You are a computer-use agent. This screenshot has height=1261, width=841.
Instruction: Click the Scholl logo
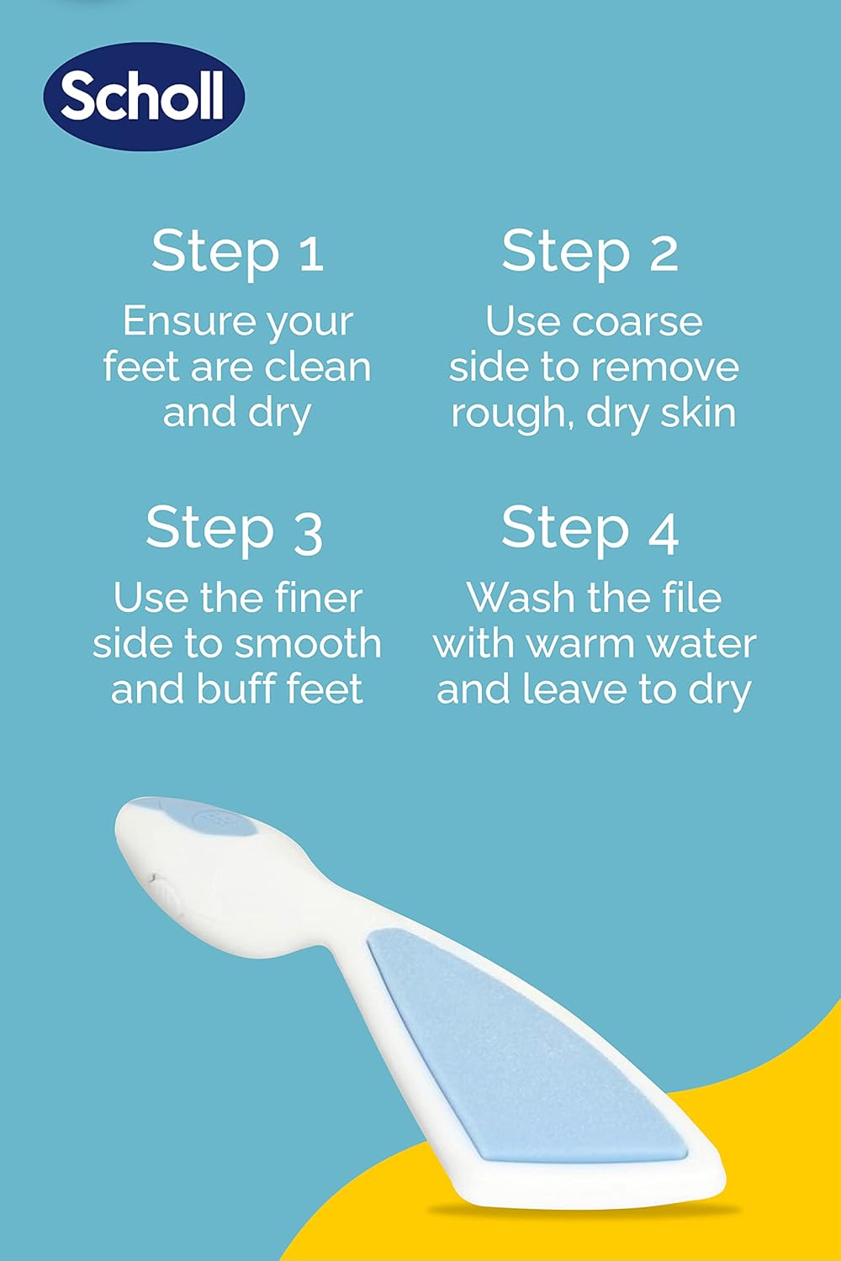pos(143,97)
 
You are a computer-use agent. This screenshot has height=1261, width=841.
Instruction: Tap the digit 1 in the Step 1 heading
pos(310,252)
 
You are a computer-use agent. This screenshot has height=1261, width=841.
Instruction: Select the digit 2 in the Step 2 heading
pos(663,252)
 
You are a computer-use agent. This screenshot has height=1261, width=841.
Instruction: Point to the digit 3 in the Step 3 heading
pos(308,531)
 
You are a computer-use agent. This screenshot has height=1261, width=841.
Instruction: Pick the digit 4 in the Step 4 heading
pos(663,531)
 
